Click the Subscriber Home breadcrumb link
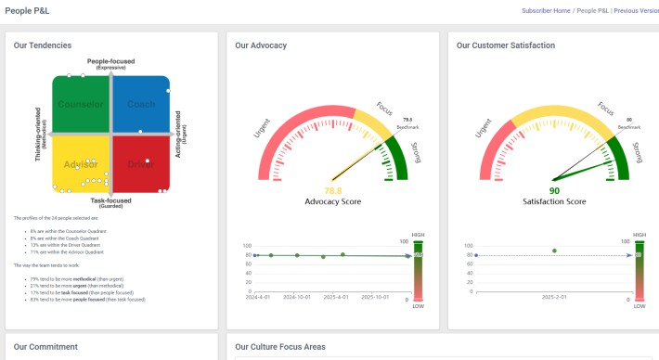(546, 10)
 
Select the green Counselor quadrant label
(81, 104)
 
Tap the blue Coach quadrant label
(141, 104)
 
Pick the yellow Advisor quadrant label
(81, 164)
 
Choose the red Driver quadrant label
(140, 164)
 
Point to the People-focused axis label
(111, 61)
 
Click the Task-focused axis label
(110, 200)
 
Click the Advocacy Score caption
(332, 201)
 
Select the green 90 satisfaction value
(554, 190)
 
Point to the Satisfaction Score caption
(554, 201)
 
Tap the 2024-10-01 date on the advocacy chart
(297, 298)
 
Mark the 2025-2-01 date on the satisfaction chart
(554, 298)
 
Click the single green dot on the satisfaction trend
(554, 251)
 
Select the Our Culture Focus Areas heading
(280, 347)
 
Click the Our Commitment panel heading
(45, 347)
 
